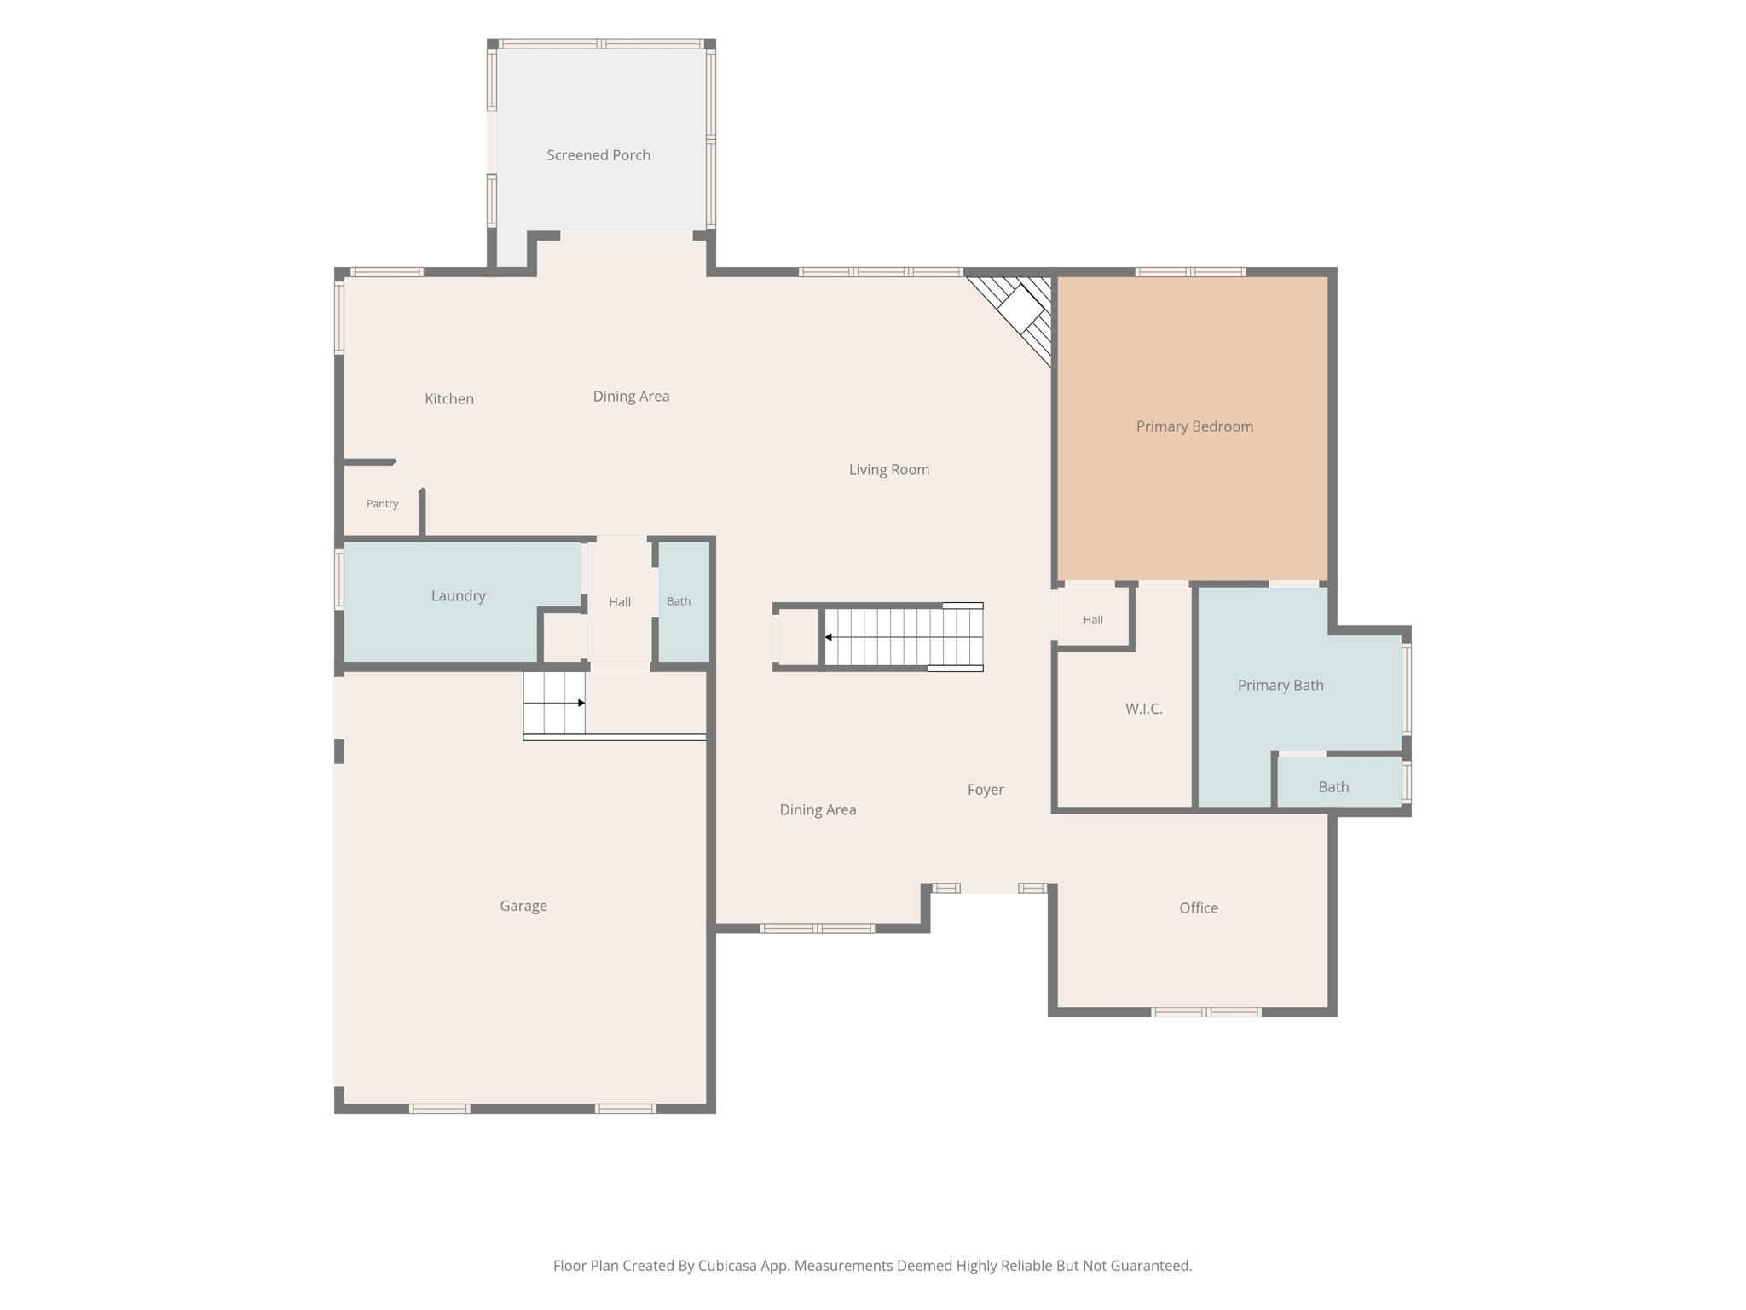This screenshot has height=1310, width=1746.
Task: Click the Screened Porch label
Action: click(x=598, y=155)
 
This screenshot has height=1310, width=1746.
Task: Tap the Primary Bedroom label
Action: click(x=1194, y=426)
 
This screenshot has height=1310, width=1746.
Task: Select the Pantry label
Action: click(x=383, y=504)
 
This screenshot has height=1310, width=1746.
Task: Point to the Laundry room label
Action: click(x=459, y=596)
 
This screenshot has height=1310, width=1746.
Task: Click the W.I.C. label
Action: click(x=1144, y=709)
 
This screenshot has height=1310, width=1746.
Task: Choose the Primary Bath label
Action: click(x=1281, y=686)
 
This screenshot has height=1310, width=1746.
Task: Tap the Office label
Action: click(x=1199, y=908)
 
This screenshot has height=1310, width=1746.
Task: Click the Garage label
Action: click(x=523, y=907)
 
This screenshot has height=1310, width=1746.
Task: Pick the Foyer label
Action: click(x=986, y=791)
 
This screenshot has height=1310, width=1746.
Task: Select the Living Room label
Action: click(x=889, y=470)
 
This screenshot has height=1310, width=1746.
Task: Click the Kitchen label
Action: click(x=449, y=399)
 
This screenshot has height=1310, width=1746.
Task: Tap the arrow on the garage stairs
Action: click(x=554, y=703)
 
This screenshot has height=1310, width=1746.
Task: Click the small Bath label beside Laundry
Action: click(x=679, y=601)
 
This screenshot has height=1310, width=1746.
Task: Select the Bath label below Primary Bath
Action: click(x=1334, y=787)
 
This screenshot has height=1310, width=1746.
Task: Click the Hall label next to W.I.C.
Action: click(x=1093, y=620)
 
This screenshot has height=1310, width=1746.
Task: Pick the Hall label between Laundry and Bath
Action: click(x=620, y=602)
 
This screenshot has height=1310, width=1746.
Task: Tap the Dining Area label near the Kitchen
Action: click(x=632, y=397)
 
